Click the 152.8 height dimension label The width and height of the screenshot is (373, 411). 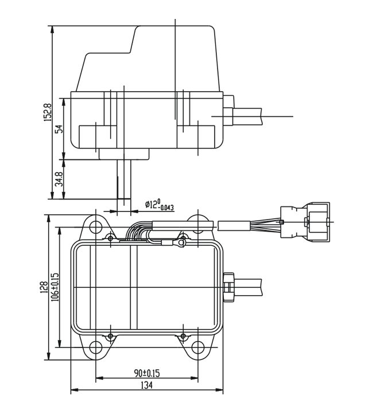[x=48, y=112]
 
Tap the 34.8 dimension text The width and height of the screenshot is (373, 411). [x=59, y=179]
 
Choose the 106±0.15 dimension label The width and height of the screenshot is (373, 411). [x=55, y=287]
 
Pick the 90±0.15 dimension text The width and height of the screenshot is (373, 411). [x=147, y=373]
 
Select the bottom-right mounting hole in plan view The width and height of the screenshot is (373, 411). [x=197, y=347]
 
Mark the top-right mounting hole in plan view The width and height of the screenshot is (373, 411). [x=198, y=224]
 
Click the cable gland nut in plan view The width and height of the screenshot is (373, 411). [x=228, y=286]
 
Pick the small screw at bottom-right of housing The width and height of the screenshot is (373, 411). [x=183, y=335]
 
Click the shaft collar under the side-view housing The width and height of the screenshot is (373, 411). [x=124, y=154]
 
